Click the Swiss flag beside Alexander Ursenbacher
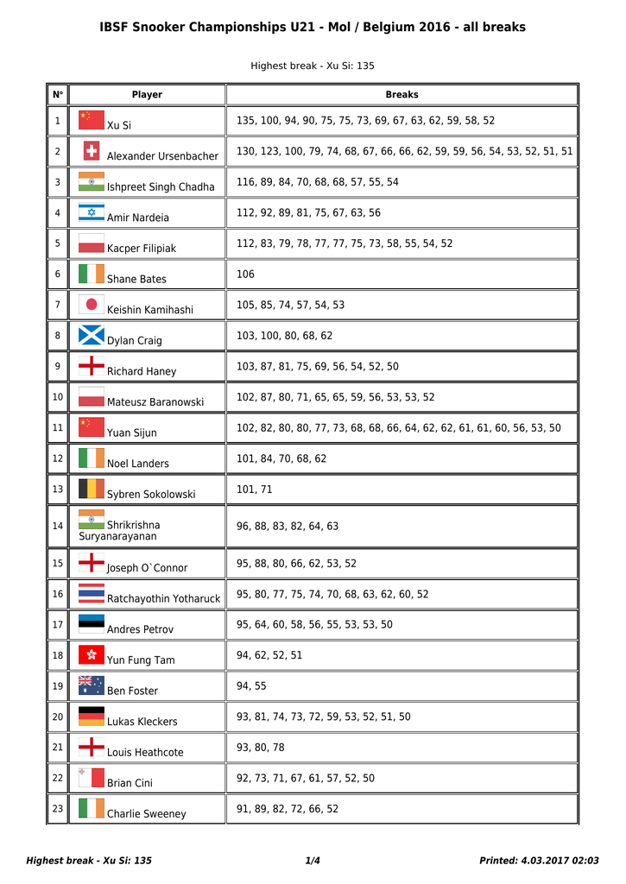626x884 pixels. [92, 151]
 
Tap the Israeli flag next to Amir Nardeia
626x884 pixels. [92, 212]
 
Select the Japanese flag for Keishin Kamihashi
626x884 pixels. [92, 305]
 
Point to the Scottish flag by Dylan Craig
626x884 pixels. [92, 335]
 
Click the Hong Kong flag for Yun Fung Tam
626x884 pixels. [92, 655]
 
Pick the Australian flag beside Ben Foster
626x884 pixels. [92, 685]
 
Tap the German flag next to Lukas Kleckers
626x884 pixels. [92, 717]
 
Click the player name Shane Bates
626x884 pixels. [136, 279]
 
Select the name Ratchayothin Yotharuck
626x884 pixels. [163, 598]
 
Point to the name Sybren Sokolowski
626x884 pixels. [151, 494]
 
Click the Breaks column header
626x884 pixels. [402, 95]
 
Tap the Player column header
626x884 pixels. [147, 95]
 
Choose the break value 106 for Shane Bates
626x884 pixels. [245, 275]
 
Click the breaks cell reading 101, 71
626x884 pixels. [254, 489]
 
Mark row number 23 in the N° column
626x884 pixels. [58, 809]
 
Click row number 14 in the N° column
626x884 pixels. [58, 526]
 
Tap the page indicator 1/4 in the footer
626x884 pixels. [313, 861]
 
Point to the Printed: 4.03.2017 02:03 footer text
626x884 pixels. [539, 861]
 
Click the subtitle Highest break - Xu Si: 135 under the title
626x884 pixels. [313, 66]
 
